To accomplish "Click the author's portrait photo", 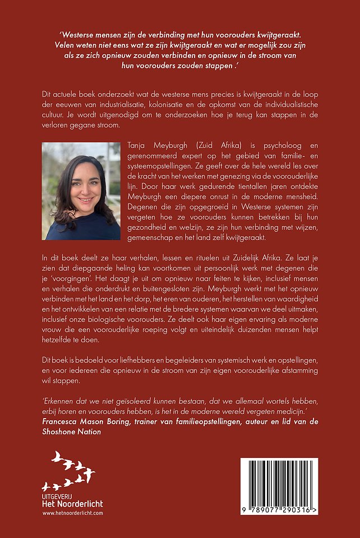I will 81,191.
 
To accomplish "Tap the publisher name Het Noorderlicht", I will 73,504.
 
